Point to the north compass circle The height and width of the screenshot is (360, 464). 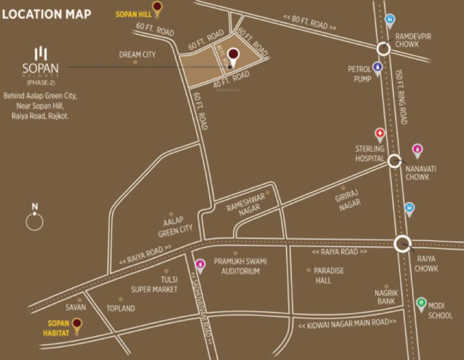(34, 222)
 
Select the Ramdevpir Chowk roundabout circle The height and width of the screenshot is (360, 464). (383, 48)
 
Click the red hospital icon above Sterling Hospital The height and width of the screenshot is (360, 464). (380, 135)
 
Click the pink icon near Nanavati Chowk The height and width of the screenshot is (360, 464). (417, 150)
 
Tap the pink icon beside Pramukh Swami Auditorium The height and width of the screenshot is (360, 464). (200, 265)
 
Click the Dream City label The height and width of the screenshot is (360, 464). (137, 55)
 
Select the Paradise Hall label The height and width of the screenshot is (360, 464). (329, 276)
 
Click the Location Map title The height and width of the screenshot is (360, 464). (46, 14)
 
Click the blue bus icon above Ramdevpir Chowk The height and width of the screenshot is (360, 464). (389, 20)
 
